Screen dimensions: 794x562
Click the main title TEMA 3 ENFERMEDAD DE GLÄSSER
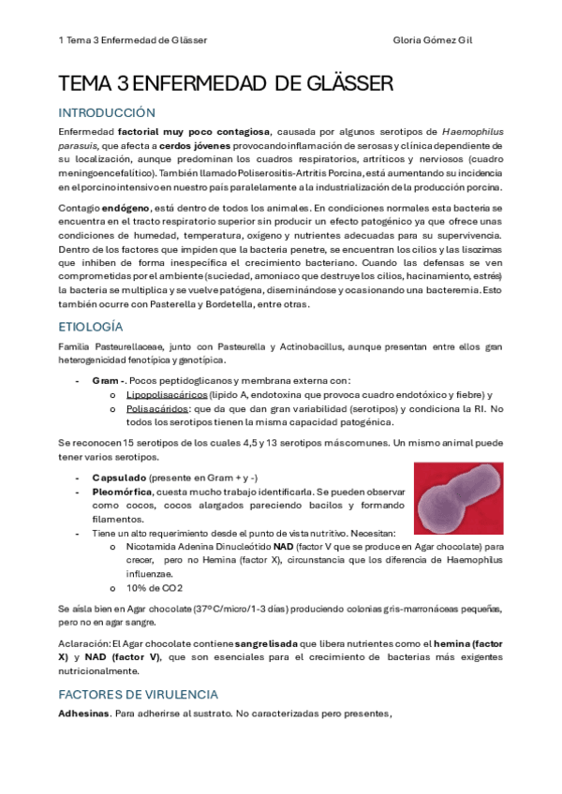pyautogui.click(x=226, y=85)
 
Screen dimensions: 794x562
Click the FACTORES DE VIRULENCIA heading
pyautogui.click(x=138, y=695)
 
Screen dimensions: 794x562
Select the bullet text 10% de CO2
pyautogui.click(x=155, y=588)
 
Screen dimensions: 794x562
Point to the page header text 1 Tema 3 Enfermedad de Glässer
pyautogui.click(x=132, y=41)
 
